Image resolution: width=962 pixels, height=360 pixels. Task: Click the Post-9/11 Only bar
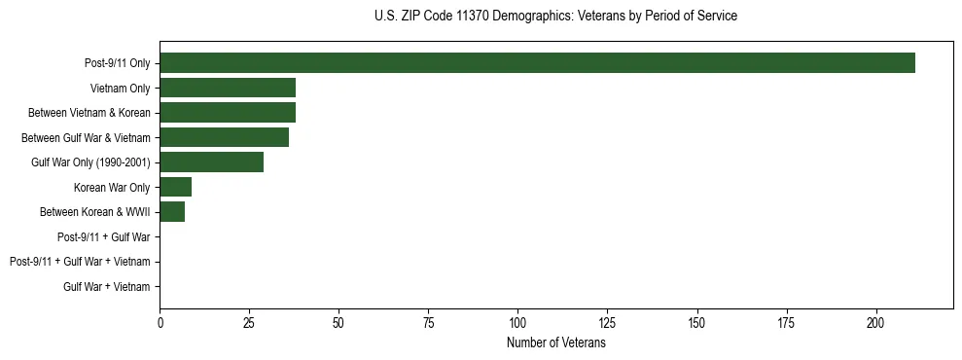click(x=537, y=63)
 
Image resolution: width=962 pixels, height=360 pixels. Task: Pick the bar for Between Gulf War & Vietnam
click(x=224, y=137)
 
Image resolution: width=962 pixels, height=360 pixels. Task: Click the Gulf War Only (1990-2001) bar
click(x=211, y=162)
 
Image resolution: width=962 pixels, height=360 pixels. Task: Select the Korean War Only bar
click(x=176, y=187)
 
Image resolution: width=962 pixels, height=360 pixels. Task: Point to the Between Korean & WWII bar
click(x=172, y=212)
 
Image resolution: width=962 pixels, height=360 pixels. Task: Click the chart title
click(x=555, y=16)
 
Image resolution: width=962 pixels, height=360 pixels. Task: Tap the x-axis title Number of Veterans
click(x=555, y=343)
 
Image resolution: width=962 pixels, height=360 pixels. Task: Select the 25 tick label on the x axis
click(x=249, y=323)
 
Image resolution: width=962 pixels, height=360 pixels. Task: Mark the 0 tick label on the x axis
click(x=160, y=323)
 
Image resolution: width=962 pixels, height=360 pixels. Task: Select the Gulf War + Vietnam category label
click(x=107, y=286)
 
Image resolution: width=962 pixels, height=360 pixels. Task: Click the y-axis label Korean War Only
click(x=112, y=187)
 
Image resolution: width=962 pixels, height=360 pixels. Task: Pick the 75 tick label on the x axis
click(x=428, y=323)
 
